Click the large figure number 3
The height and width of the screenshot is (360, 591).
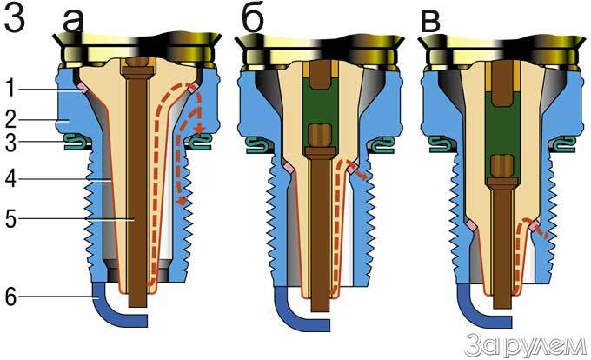pyautogui.click(x=19, y=20)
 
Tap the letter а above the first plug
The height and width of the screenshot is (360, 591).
pyautogui.click(x=73, y=21)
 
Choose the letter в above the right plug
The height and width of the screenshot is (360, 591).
pyautogui.click(x=430, y=21)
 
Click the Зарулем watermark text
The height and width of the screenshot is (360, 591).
pyautogui.click(x=524, y=342)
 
